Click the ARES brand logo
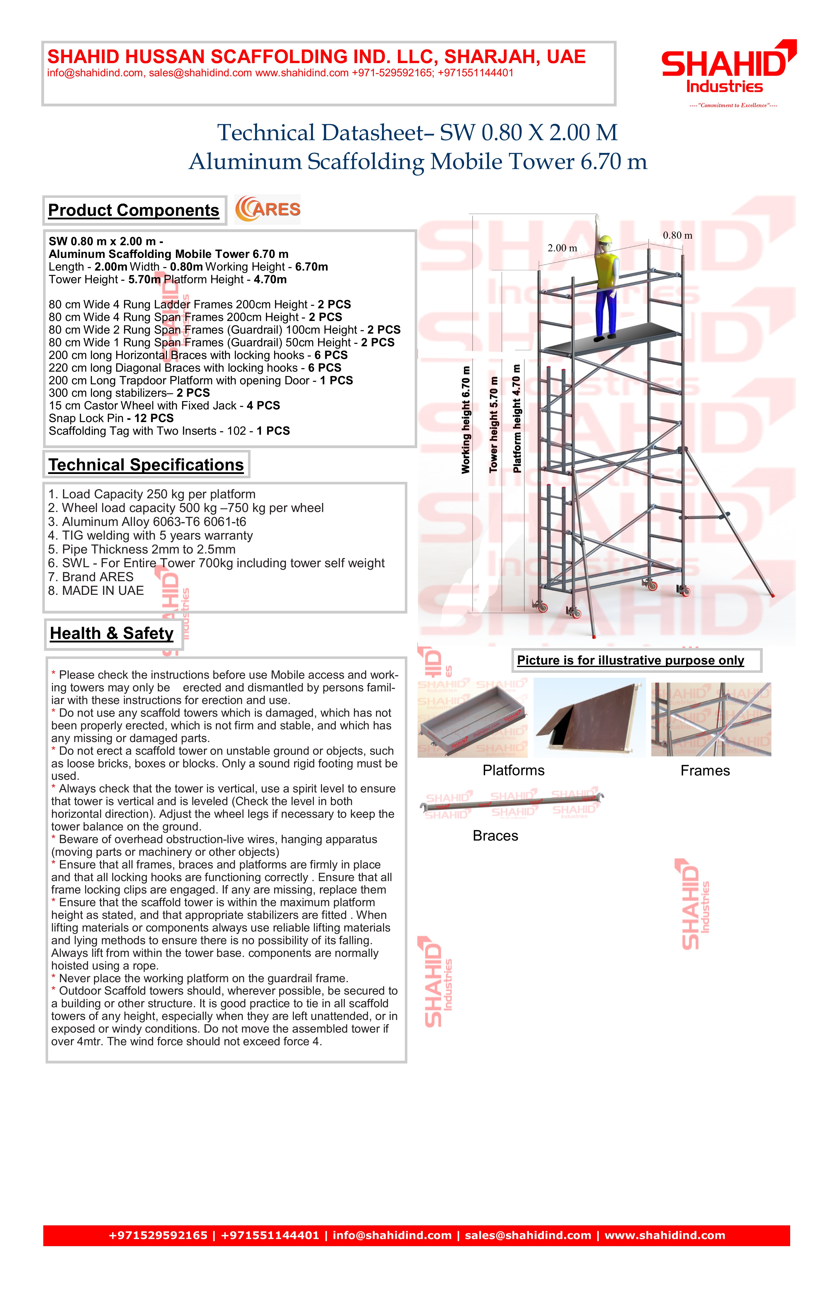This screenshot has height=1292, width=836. [x=268, y=210]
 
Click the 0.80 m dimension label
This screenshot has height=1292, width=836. [x=677, y=236]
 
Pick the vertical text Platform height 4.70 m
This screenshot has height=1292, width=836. [x=517, y=419]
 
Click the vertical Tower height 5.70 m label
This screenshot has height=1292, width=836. [x=493, y=425]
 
